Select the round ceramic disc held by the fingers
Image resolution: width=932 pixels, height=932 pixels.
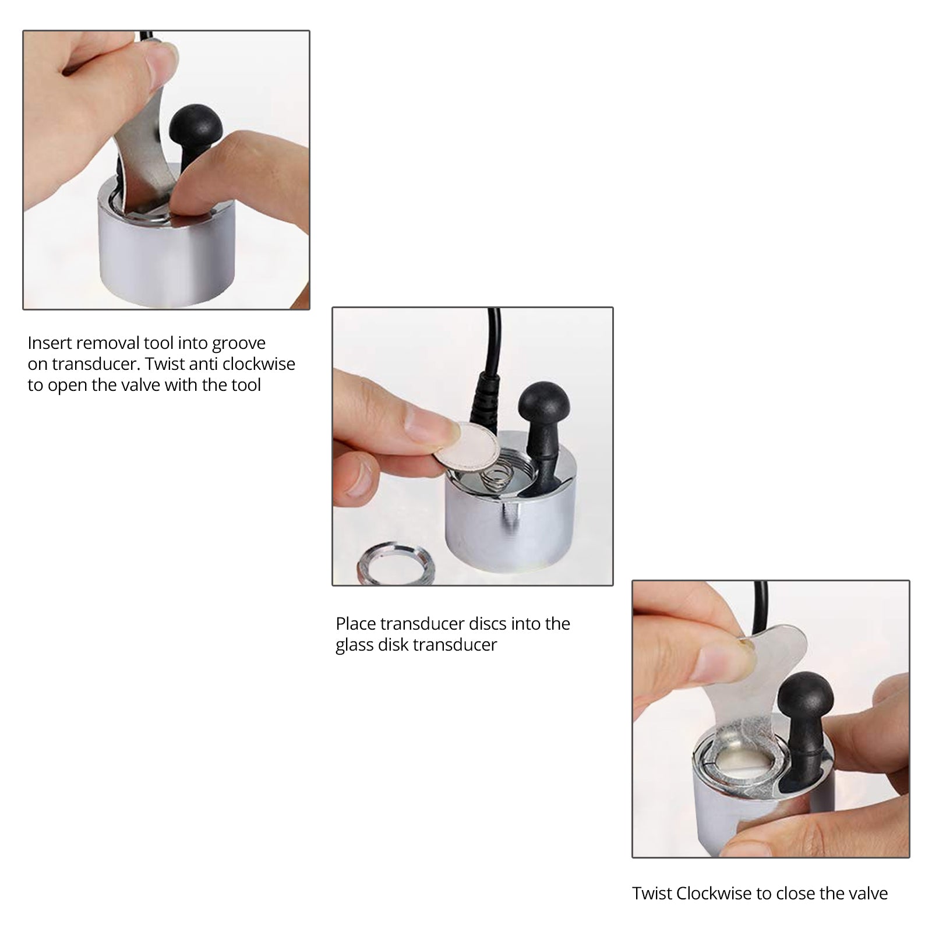[465, 446]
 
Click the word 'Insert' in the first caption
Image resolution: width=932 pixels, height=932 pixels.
[50, 343]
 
